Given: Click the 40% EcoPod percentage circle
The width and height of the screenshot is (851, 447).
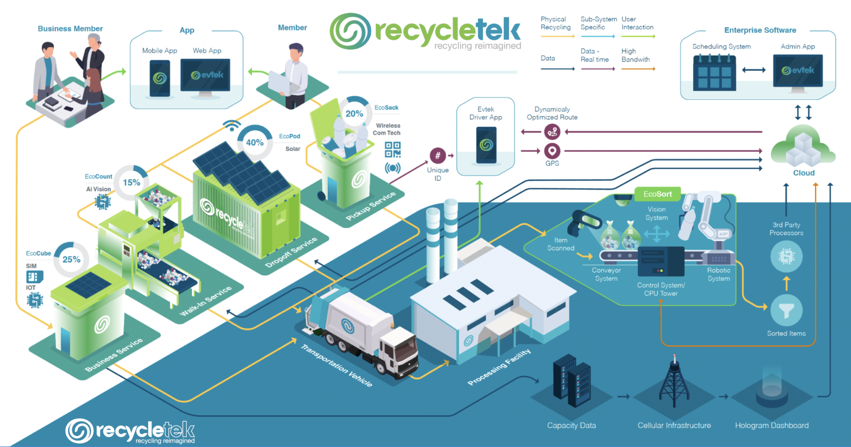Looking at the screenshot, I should [x=254, y=142].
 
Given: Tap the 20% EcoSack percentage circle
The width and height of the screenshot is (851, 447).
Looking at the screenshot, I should [x=354, y=113].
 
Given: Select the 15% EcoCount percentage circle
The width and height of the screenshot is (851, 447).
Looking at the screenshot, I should [x=131, y=182].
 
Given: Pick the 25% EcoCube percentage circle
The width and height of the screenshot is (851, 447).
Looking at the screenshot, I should [x=71, y=259].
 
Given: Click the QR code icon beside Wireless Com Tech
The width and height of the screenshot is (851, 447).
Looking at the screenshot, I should [x=392, y=149].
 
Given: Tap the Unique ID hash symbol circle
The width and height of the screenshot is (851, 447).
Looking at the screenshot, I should [x=437, y=156].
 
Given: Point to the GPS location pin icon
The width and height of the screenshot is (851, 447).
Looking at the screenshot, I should [x=552, y=151].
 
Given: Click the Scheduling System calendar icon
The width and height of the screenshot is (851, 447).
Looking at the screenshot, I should [x=714, y=73].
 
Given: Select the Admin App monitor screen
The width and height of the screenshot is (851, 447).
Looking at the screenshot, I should [x=797, y=71].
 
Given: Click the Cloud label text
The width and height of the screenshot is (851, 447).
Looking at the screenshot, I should [x=804, y=173].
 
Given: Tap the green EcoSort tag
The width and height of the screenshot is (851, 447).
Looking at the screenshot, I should [x=657, y=194].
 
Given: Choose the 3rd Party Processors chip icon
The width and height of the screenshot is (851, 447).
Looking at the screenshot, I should [x=786, y=256].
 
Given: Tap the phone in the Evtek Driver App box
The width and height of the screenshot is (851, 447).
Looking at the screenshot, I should [x=486, y=145].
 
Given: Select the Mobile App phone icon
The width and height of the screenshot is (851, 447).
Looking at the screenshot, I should [x=159, y=78].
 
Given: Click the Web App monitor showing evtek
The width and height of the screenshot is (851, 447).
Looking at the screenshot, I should [x=205, y=75].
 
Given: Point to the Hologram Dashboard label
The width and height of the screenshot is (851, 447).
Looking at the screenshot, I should [x=771, y=425].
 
